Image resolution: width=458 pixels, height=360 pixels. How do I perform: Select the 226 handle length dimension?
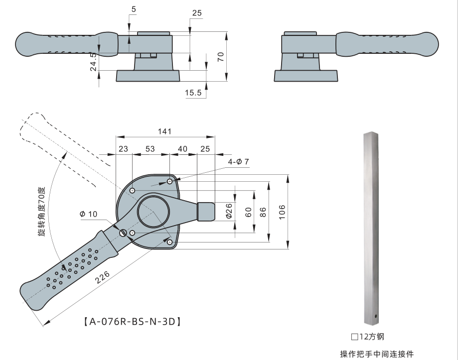pos(104,279)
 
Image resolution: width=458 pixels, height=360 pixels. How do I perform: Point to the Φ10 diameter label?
pos(88,214)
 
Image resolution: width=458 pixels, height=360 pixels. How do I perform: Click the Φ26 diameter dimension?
pos(229,211)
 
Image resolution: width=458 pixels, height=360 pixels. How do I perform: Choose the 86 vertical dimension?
pos(264,212)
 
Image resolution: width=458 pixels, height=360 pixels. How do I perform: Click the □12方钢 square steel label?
pos(368,337)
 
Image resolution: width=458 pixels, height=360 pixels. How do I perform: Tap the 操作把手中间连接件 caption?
pos(377,354)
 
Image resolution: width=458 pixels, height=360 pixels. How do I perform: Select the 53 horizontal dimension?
pos(150,148)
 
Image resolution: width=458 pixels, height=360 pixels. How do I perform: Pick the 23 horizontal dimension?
pos(123,148)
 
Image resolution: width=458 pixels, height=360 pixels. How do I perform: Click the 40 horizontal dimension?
pos(182,148)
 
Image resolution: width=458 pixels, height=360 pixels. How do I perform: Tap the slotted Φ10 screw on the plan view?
pos(123,233)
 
